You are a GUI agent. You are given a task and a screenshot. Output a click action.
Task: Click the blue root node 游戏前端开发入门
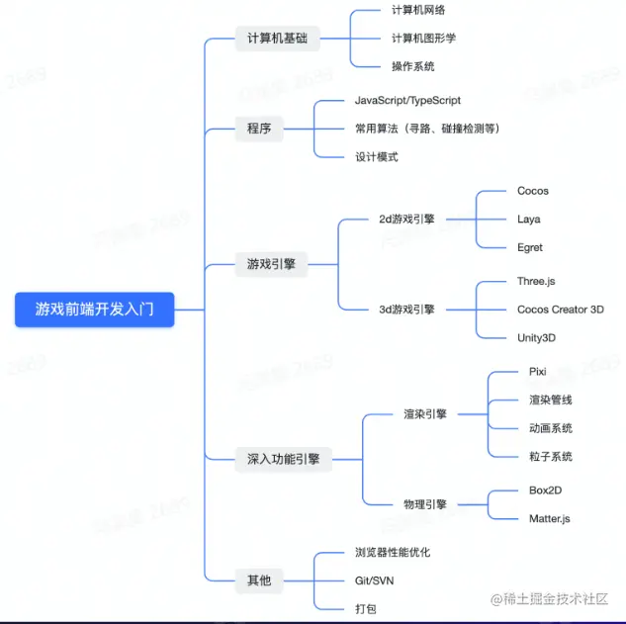[x=95, y=310]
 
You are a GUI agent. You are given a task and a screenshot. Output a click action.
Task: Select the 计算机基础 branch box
[x=277, y=40]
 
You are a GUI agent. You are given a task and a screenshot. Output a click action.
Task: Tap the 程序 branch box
[x=259, y=128]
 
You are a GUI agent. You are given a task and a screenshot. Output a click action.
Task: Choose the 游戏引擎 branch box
[x=271, y=263]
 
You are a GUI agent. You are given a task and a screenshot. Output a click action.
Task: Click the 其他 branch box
[x=258, y=579]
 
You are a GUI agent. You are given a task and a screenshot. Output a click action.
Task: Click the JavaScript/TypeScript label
[x=407, y=100]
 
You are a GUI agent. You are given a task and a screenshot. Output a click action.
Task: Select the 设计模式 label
[x=377, y=156]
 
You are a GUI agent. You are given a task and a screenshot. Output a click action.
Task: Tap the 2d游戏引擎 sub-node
[x=406, y=219]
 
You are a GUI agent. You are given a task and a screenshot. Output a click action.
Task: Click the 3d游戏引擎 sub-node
[x=406, y=310]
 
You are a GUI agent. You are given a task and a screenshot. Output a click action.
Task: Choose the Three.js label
[x=537, y=282]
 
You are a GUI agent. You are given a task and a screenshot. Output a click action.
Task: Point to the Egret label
[x=530, y=247]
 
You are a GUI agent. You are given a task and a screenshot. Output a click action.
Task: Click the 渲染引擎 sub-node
[x=425, y=413]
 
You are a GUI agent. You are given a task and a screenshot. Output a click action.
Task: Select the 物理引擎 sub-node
[x=425, y=504]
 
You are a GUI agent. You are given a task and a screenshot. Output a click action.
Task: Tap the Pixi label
[x=538, y=371]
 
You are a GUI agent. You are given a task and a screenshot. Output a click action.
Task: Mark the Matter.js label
[x=549, y=518]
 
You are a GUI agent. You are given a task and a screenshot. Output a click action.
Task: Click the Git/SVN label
[x=375, y=580]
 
